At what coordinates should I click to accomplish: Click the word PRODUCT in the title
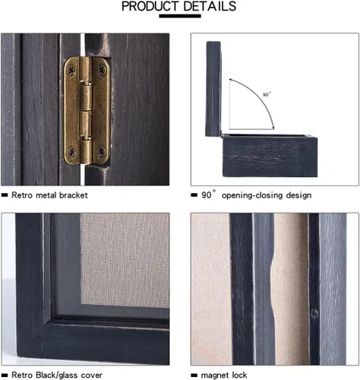coord(150,6)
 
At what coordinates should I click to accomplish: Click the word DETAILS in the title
coord(210,6)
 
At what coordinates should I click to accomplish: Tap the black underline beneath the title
coord(180,16)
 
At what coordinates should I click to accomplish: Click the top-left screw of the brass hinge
coord(71,69)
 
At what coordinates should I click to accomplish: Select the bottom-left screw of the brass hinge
coord(71,151)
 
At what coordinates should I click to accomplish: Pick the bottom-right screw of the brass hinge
coord(101,151)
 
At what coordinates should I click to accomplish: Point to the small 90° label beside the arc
coord(267,94)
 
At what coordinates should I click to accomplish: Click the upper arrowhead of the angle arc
coord(231,80)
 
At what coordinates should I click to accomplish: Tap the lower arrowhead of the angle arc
coord(273,128)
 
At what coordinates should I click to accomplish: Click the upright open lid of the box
coord(213,89)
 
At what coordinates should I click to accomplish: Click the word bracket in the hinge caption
coord(74,195)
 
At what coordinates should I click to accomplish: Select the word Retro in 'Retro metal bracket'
coord(22,195)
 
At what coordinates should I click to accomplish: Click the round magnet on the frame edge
coord(314,314)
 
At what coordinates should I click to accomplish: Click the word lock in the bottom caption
coord(239,375)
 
